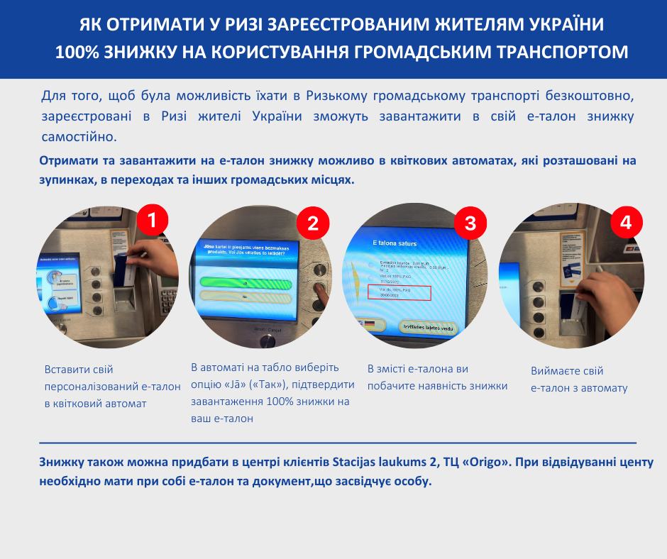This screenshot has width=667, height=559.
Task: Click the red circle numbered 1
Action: pos(151,221)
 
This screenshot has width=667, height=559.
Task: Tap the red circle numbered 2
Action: pos(312,223)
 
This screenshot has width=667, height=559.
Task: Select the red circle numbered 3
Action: pos(470,223)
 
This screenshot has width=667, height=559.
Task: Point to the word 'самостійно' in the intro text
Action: pos(78,135)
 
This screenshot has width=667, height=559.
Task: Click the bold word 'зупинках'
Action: pos(66,180)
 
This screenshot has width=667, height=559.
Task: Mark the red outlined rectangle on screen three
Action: pos(399,294)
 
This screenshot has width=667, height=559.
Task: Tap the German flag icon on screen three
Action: pos(369,325)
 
